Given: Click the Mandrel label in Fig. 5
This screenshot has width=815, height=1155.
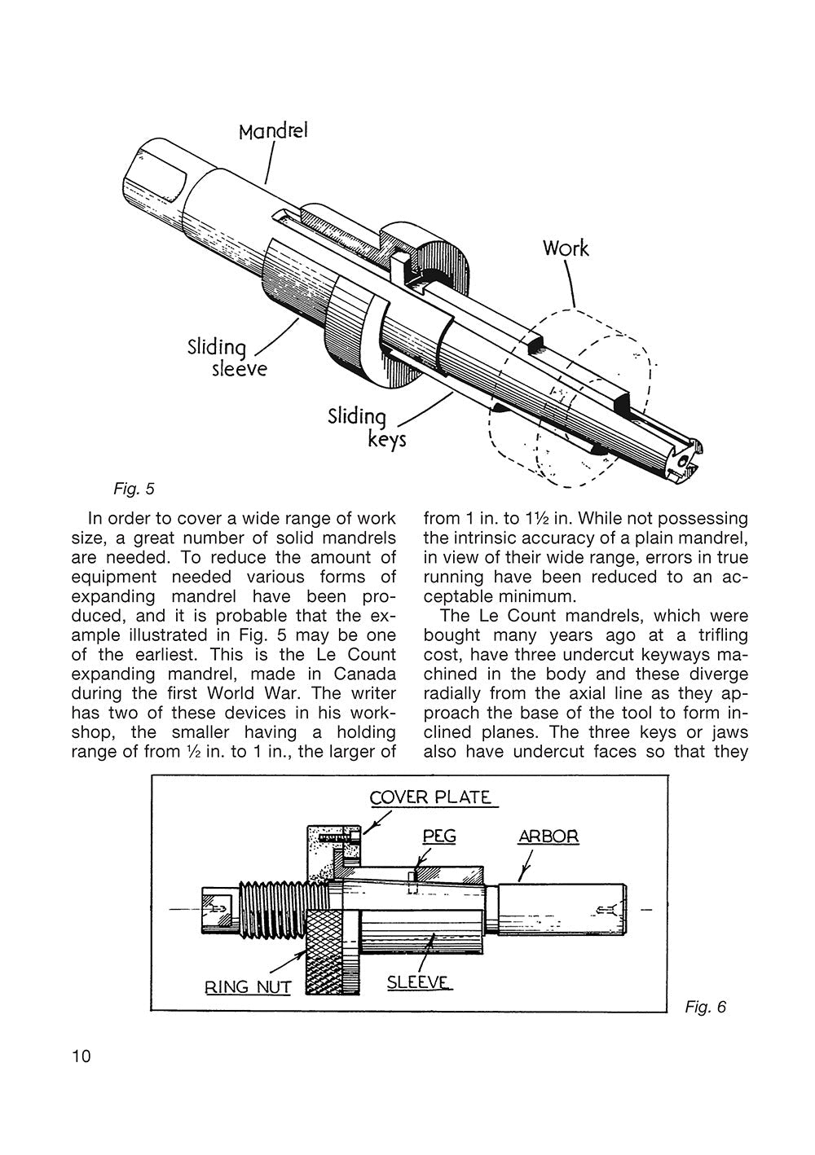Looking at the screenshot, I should point(273,130).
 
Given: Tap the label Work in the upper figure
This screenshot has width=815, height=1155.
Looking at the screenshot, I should point(565,248).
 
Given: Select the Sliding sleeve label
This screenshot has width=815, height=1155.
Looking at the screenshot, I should point(218,358).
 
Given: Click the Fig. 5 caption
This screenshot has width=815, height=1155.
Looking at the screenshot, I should point(134,490).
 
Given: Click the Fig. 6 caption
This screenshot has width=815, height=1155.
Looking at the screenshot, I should point(705,1008).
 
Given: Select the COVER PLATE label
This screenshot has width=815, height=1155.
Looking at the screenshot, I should point(431,797).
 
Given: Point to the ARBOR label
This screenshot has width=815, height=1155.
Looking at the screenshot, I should point(548,837).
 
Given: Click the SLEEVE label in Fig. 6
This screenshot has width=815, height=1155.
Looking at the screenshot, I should point(418,982).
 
